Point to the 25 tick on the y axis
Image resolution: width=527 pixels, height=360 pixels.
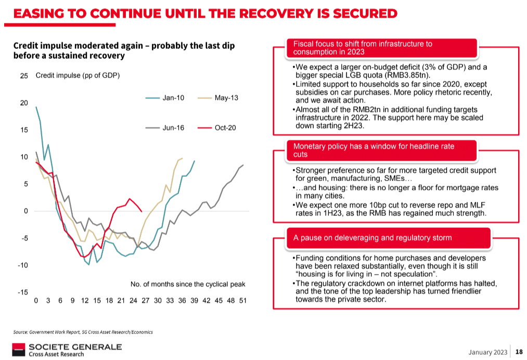(x=24, y=76)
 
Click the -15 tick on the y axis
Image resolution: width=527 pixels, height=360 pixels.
(x=23, y=292)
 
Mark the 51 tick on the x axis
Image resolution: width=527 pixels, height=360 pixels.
(x=242, y=301)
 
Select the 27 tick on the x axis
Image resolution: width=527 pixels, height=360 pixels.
(x=145, y=301)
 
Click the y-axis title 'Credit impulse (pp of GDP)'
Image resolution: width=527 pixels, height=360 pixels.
(x=78, y=76)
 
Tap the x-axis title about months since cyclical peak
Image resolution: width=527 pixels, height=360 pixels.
(x=187, y=284)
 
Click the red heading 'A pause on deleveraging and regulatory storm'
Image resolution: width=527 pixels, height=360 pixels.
(x=372, y=238)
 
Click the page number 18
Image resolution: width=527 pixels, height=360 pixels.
(x=519, y=352)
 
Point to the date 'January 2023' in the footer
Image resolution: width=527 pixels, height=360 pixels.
(x=487, y=352)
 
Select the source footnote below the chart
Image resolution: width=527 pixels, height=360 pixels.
(x=83, y=331)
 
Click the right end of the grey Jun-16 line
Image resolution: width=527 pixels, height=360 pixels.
(x=243, y=165)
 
